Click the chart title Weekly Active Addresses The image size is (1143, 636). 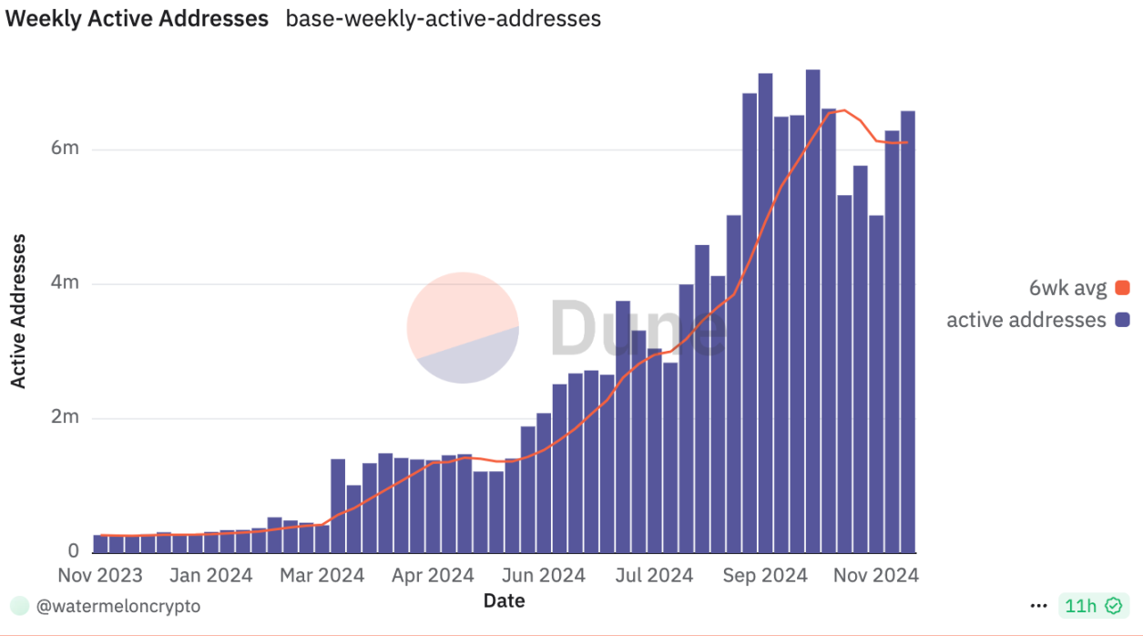[137, 18]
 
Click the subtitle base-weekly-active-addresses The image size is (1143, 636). [444, 18]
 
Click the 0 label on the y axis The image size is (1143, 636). [74, 551]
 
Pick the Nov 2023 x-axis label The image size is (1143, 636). [100, 575]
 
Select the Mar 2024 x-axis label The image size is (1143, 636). [321, 575]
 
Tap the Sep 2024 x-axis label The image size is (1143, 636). [764, 575]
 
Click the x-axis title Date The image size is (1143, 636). [504, 600]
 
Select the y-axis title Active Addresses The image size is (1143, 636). [18, 311]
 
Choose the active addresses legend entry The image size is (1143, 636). [1037, 320]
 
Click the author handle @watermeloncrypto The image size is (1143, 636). [117, 606]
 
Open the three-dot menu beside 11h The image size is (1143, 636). [1038, 606]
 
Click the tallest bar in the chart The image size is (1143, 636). [812, 310]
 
